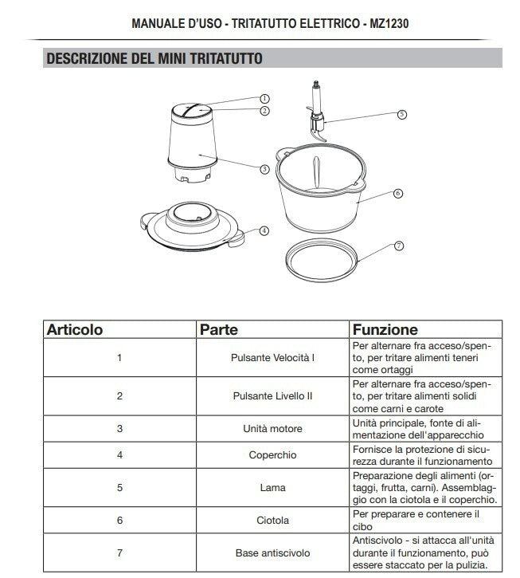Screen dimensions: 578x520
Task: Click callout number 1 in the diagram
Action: point(264,98)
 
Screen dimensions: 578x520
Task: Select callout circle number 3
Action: point(264,168)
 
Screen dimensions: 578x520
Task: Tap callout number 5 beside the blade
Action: point(401,114)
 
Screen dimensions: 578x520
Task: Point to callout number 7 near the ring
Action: point(398,246)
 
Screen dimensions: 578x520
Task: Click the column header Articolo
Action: point(75,329)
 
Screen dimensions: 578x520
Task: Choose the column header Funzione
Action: point(385,329)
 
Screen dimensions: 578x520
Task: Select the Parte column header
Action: point(219,329)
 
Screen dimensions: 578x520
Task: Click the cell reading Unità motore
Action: point(272,428)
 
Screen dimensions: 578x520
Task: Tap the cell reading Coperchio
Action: point(272,454)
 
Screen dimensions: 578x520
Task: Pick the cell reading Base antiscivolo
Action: point(272,552)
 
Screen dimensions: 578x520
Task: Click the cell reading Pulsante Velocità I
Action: point(272,357)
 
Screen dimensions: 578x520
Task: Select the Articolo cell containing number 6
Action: point(119,520)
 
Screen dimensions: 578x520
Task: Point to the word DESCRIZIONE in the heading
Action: point(85,58)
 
